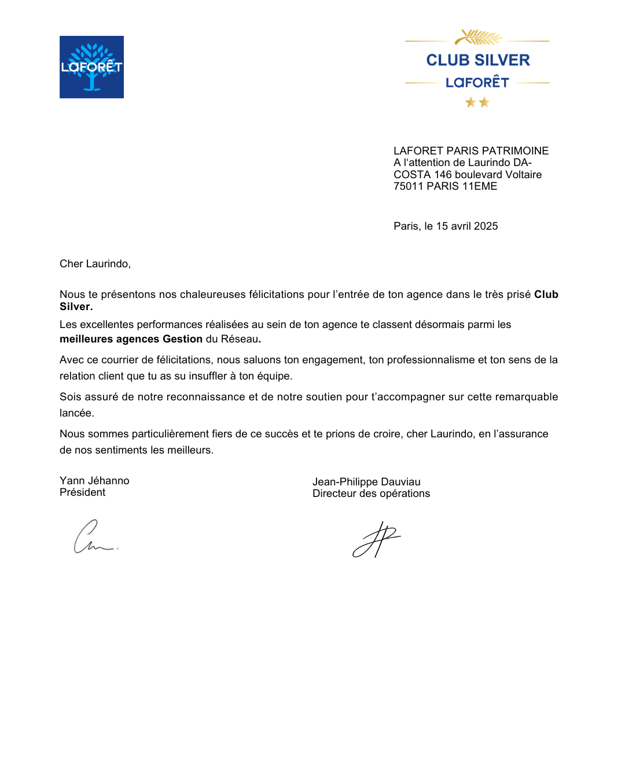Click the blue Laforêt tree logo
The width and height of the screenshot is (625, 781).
[x=91, y=67]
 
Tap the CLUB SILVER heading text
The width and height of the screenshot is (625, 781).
[x=478, y=60]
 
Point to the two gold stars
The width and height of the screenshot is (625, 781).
[x=477, y=102]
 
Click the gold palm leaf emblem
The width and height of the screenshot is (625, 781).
[x=478, y=38]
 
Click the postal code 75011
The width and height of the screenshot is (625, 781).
[x=409, y=186]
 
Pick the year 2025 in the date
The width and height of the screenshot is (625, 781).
[x=486, y=226]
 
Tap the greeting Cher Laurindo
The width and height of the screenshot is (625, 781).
[x=95, y=264]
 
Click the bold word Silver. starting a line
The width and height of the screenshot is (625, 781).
[x=76, y=307]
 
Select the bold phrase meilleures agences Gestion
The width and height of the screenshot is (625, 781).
[x=131, y=339]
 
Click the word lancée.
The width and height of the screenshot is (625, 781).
[x=76, y=413]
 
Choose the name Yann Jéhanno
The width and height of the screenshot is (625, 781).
[x=94, y=481]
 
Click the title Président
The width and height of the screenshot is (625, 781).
[x=82, y=492]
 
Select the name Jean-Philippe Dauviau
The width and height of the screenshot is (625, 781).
[x=366, y=482]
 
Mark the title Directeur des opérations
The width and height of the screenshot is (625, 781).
[x=371, y=493]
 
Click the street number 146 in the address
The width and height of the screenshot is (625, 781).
[x=443, y=175]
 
